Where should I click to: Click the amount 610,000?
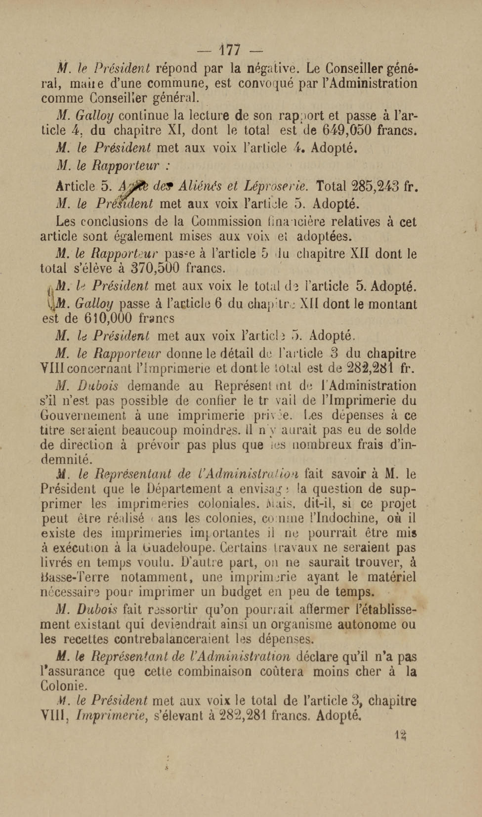[x=108, y=318]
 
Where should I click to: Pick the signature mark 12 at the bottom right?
[x=401, y=733]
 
